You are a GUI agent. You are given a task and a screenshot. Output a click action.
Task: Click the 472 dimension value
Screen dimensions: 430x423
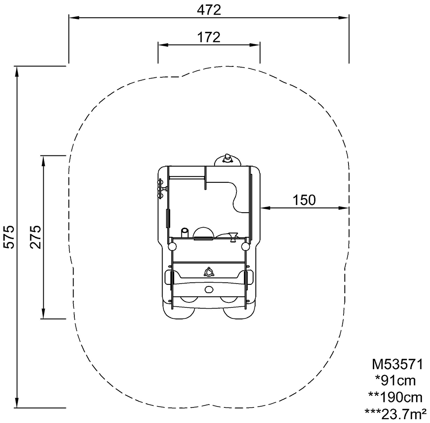point(209,10)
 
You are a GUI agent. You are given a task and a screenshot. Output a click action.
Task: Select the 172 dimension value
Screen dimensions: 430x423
point(209,37)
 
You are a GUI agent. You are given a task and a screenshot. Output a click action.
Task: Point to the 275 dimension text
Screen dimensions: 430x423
point(35,237)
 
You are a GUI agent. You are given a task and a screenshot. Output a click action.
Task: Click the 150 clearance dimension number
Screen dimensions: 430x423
point(304,200)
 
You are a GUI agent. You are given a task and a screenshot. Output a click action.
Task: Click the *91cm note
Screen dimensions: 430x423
point(395,381)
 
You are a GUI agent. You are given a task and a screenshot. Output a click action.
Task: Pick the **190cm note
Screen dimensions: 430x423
point(395,397)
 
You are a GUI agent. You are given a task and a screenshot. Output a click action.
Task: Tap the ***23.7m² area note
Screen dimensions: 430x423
point(395,414)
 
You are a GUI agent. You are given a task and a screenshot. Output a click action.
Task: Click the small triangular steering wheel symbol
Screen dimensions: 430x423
point(209,272)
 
